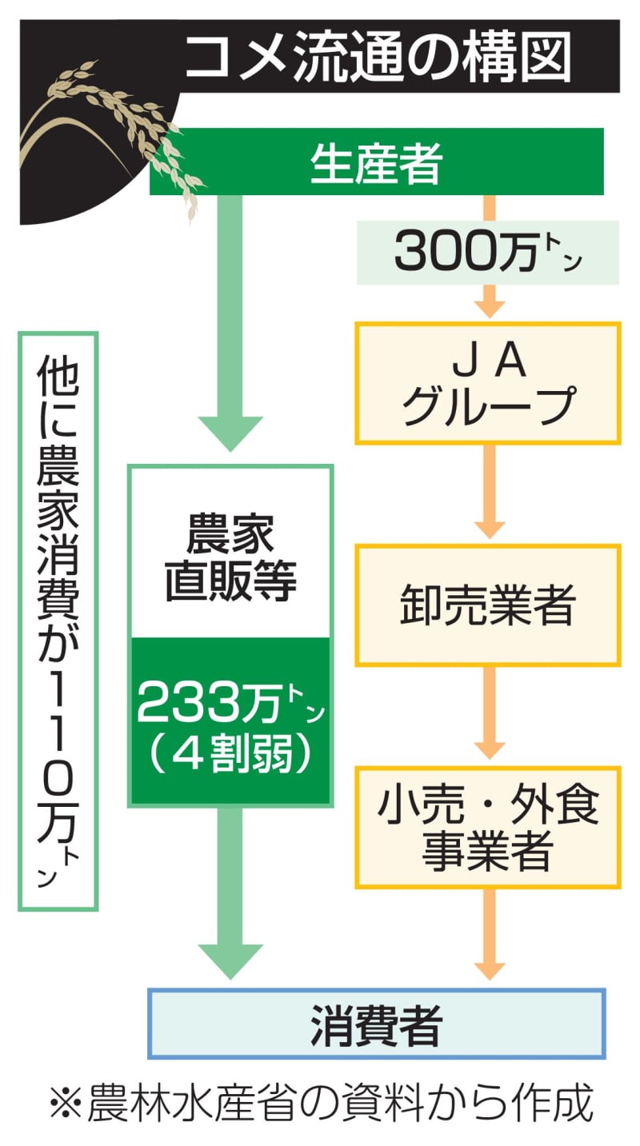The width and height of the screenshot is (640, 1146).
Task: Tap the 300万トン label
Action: pyautogui.click(x=487, y=253)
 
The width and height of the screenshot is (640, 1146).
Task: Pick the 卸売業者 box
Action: pyautogui.click(x=487, y=605)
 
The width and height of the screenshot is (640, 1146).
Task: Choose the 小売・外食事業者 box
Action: pyautogui.click(x=487, y=828)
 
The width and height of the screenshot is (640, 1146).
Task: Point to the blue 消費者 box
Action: pyautogui.click(x=376, y=1024)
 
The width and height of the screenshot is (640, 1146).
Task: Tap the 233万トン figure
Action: pyautogui.click(x=230, y=704)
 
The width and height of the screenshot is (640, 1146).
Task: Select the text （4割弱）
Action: pyautogui.click(x=230, y=754)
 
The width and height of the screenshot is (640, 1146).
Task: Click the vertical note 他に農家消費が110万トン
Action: pyautogui.click(x=58, y=621)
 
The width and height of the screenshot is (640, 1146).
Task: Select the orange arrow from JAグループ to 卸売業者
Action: pyautogui.click(x=490, y=492)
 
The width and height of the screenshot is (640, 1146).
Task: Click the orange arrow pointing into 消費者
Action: pyautogui.click(x=490, y=936)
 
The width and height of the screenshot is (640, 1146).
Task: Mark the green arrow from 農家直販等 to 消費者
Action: pyautogui.click(x=230, y=888)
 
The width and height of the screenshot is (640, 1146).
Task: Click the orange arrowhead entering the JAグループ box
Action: pyautogui.click(x=490, y=306)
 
